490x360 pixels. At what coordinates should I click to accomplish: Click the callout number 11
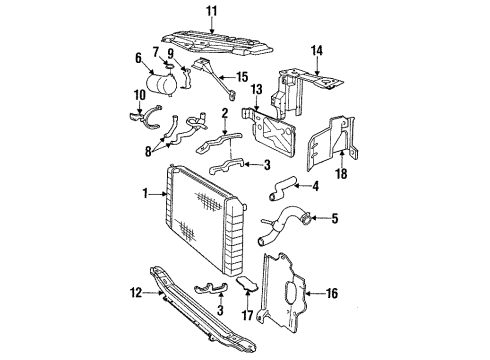pyautogui.click(x=210, y=13)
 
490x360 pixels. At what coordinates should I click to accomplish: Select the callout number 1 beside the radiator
pyautogui.click(x=147, y=193)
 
